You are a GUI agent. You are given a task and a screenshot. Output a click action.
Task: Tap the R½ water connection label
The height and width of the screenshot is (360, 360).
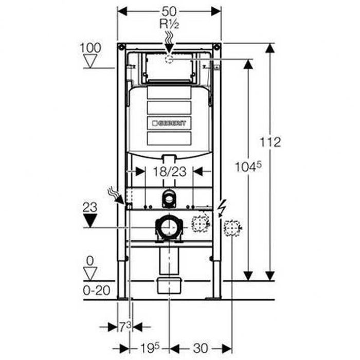169,23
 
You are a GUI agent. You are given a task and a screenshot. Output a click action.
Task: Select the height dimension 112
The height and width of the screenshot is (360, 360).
271,141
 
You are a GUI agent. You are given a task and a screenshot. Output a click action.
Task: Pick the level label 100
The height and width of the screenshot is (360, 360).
91,47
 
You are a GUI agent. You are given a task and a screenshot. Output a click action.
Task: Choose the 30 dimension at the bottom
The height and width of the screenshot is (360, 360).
197,348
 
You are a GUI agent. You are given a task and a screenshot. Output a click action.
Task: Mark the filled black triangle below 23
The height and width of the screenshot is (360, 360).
91,221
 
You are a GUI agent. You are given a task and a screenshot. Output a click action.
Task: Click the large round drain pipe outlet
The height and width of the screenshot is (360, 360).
169,227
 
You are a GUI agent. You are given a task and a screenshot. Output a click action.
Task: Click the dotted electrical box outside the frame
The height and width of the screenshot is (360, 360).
232,227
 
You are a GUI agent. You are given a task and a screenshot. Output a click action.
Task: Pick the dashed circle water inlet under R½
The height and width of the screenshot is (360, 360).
169,60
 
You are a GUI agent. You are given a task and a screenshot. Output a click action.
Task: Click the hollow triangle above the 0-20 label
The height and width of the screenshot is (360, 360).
91,274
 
